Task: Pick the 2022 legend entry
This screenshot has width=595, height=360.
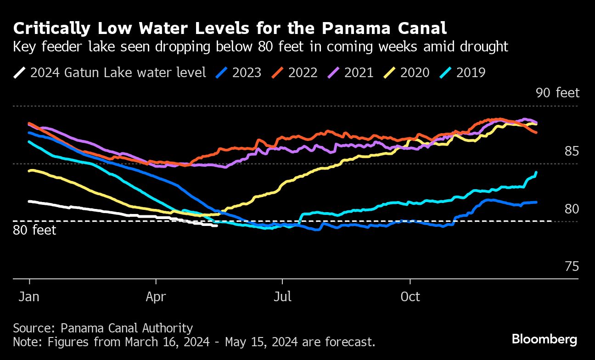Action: tap(296, 73)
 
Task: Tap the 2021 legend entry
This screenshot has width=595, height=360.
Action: tap(352, 73)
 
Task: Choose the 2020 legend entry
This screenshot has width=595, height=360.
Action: tap(408, 73)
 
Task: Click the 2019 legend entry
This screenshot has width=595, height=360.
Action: tap(464, 73)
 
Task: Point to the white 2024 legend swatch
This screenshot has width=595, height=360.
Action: tap(20, 73)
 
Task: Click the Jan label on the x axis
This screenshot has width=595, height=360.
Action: tap(29, 297)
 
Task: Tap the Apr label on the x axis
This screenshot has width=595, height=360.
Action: tap(156, 297)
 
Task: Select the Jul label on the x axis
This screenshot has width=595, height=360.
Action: tap(282, 297)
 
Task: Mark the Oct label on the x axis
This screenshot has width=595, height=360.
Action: tap(410, 297)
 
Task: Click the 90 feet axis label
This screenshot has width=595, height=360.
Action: tap(557, 93)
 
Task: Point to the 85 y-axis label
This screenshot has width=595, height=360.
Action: tap(571, 152)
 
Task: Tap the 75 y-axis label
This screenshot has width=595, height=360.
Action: tap(571, 267)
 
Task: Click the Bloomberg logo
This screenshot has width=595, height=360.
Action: tap(544, 340)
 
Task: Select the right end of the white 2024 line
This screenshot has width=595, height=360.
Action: tap(217, 225)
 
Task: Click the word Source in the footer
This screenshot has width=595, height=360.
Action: tap(34, 328)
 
